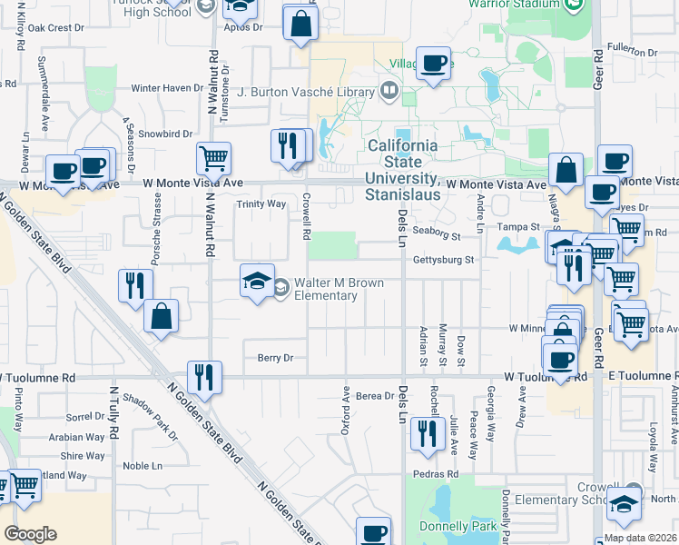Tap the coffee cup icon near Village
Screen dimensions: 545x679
point(434,63)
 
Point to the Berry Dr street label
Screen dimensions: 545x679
point(276,358)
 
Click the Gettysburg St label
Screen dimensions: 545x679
point(445,260)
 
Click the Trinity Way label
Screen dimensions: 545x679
point(261,204)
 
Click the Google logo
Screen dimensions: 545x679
point(30,533)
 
